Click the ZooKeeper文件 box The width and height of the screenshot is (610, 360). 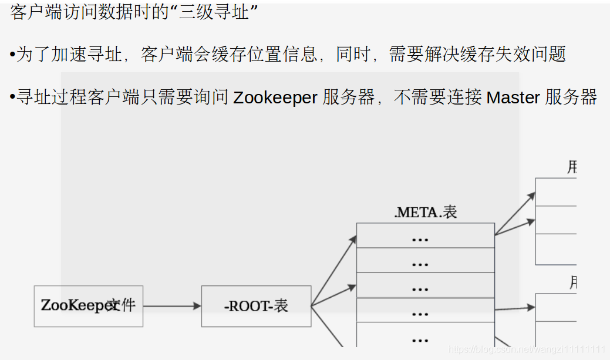coord(88,306)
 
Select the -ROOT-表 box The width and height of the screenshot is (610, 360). coord(256,306)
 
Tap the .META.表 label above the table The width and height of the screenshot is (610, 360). coord(425,212)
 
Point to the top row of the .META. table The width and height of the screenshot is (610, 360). coord(425,236)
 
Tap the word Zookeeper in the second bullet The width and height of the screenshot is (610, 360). coord(275,97)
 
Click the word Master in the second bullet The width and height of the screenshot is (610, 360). coord(513,97)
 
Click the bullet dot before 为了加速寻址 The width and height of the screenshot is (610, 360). coord(12,55)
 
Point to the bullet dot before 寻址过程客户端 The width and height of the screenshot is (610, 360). coord(12,97)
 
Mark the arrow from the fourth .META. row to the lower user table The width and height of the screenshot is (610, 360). coord(514,308)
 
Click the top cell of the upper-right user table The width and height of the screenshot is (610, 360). coord(555,191)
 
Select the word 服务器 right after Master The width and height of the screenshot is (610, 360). coord(571,97)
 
